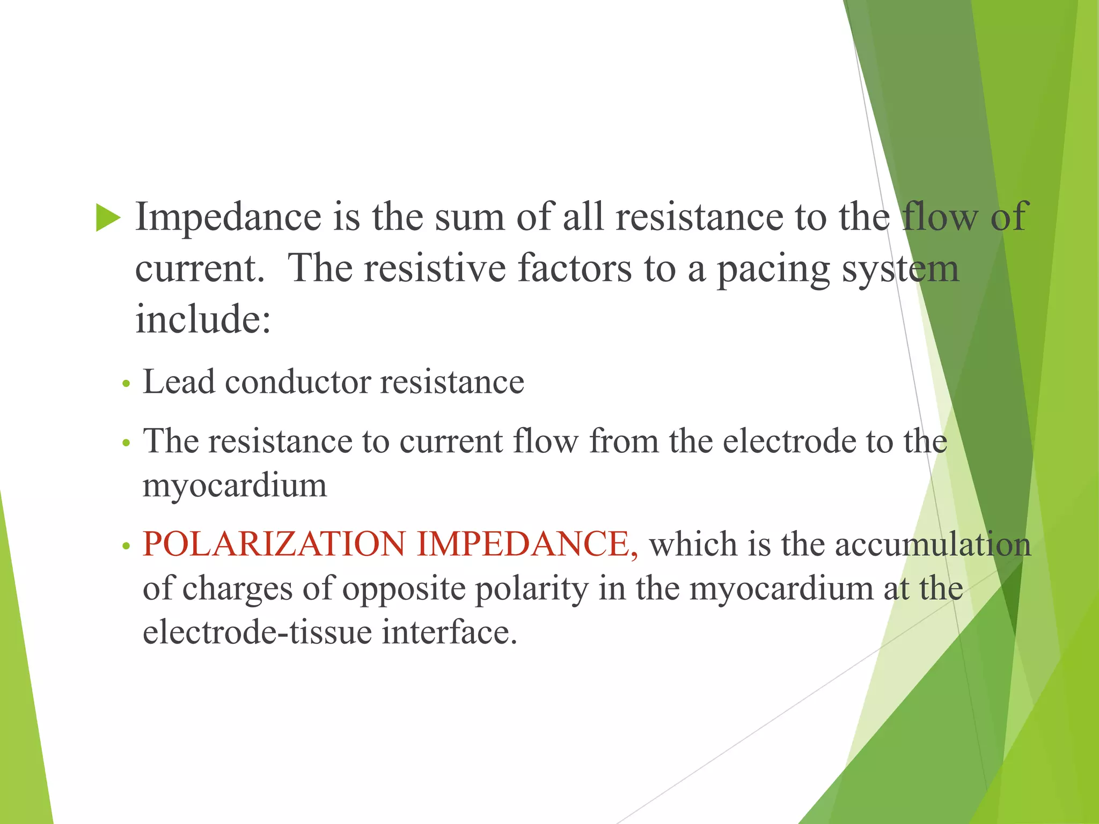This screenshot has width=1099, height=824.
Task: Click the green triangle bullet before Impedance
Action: (108, 218)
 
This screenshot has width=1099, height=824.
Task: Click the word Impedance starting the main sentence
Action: (228, 217)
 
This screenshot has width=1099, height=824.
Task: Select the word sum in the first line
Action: (470, 217)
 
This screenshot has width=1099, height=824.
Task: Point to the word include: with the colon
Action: (203, 319)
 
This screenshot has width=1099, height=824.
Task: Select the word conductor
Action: (298, 382)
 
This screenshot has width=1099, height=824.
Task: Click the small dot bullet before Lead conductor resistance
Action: (126, 384)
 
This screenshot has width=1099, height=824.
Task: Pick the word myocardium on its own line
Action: (235, 486)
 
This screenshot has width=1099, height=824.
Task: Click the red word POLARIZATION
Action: (274, 544)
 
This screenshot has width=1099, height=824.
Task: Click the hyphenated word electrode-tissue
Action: (257, 632)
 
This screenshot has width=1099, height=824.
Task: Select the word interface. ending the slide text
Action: (449, 632)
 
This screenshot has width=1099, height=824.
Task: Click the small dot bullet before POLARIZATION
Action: (126, 547)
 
